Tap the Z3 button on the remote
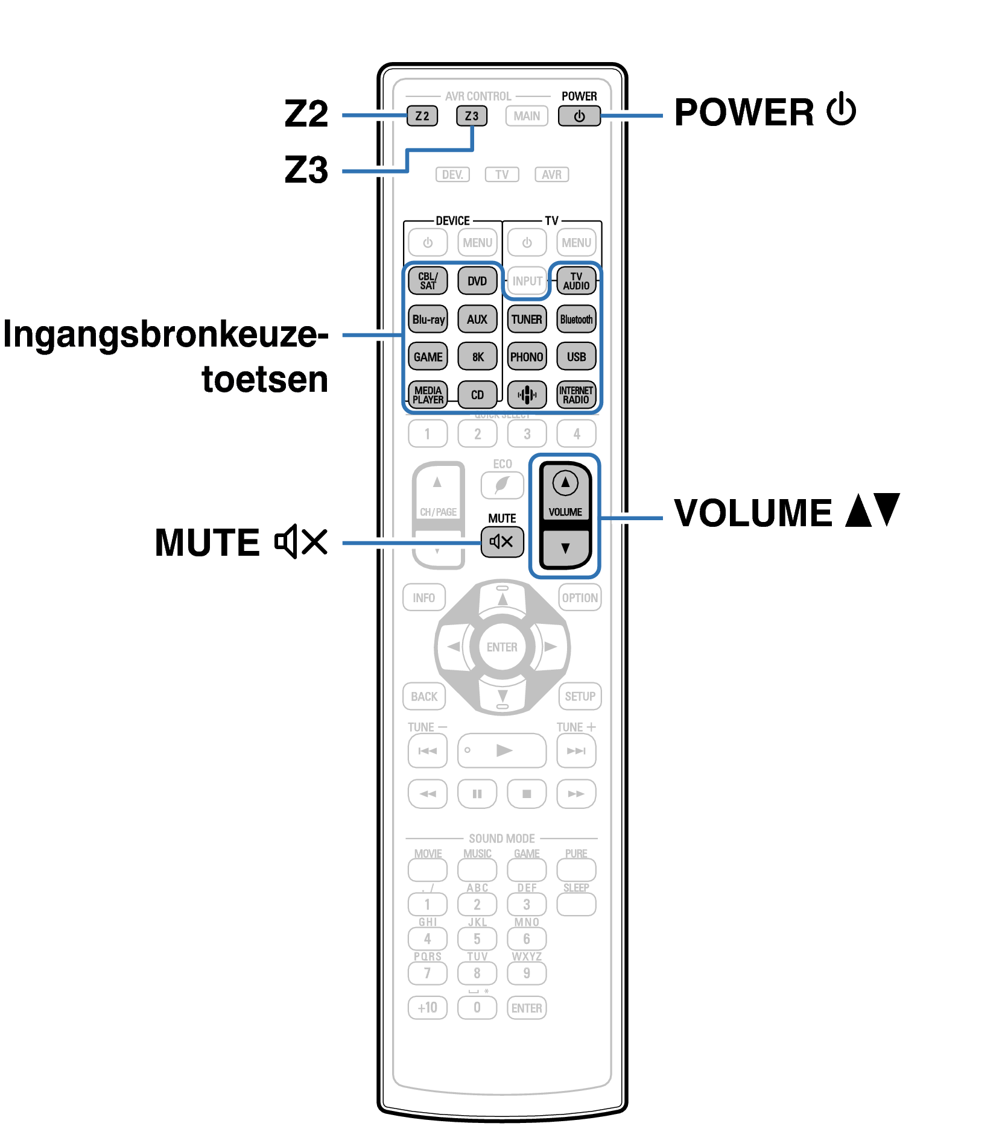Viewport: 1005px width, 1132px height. point(471,116)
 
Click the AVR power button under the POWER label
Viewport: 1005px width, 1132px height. point(579,116)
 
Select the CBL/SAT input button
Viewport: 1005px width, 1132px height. point(428,281)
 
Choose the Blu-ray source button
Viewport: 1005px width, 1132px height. point(428,319)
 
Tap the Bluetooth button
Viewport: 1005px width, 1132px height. point(576,319)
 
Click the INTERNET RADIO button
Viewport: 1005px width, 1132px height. point(576,395)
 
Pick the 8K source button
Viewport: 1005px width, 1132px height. point(477,357)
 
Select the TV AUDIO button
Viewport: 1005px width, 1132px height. point(576,281)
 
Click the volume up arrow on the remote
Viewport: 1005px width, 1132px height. point(565,483)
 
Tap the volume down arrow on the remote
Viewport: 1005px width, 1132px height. point(565,548)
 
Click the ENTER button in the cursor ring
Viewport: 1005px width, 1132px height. point(502,647)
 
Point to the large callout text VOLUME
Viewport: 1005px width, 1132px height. point(753,513)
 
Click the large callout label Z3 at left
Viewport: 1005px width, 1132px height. point(306,170)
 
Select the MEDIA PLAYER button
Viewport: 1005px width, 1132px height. point(428,395)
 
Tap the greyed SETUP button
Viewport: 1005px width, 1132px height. point(580,696)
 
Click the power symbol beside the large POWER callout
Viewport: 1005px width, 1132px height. point(841,110)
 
